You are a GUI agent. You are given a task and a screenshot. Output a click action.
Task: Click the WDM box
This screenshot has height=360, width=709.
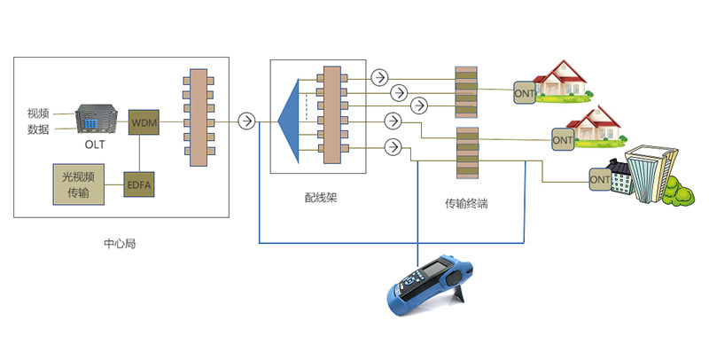(144, 122)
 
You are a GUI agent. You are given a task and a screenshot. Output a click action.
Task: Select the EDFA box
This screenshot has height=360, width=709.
(139, 184)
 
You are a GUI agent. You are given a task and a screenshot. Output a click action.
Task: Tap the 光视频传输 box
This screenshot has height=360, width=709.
(79, 184)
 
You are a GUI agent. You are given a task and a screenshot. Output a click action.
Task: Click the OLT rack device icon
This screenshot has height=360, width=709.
(97, 120)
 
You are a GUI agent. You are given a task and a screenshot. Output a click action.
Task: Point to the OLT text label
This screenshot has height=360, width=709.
(95, 145)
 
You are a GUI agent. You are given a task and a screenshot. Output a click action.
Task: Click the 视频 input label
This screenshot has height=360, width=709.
(38, 113)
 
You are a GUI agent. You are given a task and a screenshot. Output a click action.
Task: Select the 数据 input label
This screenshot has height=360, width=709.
(38, 129)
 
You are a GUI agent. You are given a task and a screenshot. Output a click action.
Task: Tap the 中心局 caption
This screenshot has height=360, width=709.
(120, 243)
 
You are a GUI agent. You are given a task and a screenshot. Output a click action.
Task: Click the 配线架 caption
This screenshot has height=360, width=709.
(321, 198)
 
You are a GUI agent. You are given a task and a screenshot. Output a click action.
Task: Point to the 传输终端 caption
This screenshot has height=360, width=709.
(466, 204)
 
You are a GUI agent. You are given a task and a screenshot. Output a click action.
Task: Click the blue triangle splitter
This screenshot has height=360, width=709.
(290, 121)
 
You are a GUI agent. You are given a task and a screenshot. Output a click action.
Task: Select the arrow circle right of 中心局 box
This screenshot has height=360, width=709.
(247, 121)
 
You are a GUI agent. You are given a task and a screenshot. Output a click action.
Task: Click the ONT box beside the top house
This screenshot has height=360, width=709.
(525, 94)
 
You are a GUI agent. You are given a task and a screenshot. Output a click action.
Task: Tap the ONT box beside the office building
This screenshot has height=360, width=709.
(600, 179)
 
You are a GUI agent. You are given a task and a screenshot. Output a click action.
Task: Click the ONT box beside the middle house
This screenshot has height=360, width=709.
(563, 140)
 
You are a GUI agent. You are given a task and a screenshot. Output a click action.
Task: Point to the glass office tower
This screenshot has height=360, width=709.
(651, 172)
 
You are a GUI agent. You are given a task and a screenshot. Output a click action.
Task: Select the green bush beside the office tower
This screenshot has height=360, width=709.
(679, 192)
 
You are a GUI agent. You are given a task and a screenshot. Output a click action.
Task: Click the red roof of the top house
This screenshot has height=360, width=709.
(560, 72)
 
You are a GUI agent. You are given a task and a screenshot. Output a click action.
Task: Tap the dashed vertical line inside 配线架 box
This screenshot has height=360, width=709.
(306, 106)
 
